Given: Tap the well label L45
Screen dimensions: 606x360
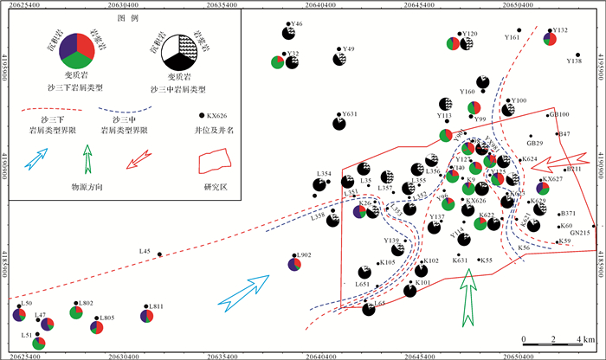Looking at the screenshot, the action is (145, 251).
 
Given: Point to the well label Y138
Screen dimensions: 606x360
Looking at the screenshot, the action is (573, 61).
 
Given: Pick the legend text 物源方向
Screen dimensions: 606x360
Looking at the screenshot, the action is (91, 186).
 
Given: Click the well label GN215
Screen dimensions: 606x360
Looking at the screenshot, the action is (580, 233).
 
